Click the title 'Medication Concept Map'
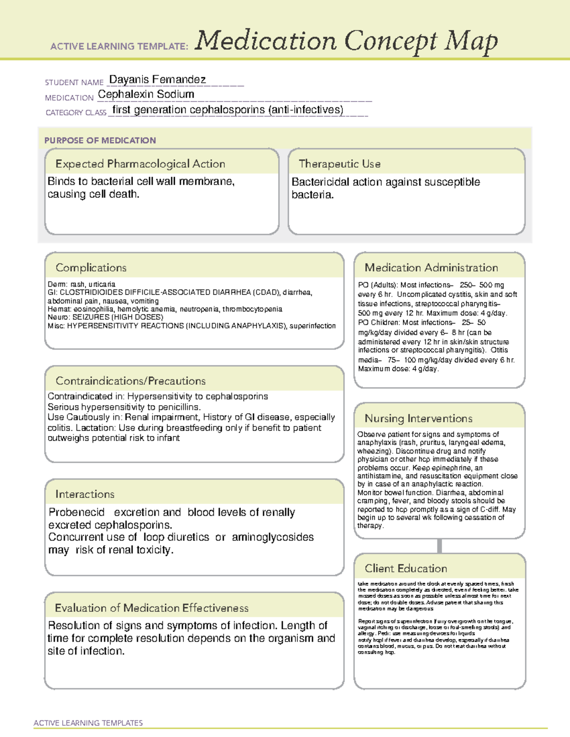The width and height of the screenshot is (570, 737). tap(346, 41)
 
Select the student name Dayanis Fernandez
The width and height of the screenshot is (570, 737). tap(157, 79)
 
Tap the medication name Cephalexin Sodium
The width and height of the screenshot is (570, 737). tap(146, 94)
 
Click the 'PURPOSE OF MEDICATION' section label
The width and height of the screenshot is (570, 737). tap(100, 140)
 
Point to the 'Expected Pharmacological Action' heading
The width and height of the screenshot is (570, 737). tap(140, 164)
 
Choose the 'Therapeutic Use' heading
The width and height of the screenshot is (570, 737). tap(339, 164)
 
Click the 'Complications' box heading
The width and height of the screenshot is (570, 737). tap(91, 268)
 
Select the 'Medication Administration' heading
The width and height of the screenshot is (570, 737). tap(431, 268)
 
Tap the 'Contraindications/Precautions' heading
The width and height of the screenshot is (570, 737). tap(130, 381)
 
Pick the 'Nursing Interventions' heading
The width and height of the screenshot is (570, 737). tap(418, 418)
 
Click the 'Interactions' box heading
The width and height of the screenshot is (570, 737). tap(85, 494)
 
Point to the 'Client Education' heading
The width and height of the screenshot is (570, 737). tap(406, 568)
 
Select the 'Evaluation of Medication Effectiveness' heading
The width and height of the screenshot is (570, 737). tap(152, 608)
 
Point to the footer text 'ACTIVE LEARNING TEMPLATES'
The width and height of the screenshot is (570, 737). tap(88, 723)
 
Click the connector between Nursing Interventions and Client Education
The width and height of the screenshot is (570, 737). tap(439, 546)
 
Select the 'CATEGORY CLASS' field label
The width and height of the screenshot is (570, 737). tap(76, 112)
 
